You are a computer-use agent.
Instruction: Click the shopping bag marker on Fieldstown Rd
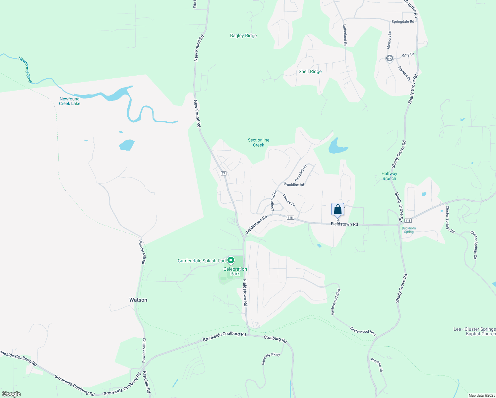pyautogui.click(x=338, y=210)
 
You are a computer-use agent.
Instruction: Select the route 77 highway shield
pyautogui.click(x=223, y=173)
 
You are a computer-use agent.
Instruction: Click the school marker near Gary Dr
pyautogui.click(x=389, y=59)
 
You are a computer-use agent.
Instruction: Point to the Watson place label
pyautogui.click(x=138, y=300)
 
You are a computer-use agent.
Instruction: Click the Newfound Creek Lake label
pyautogui.click(x=70, y=101)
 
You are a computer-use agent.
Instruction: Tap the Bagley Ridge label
pyautogui.click(x=243, y=36)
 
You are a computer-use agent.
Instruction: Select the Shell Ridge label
pyautogui.click(x=310, y=72)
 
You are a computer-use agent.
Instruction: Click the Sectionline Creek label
pyautogui.click(x=259, y=143)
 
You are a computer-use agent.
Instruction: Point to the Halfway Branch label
pyautogui.click(x=389, y=176)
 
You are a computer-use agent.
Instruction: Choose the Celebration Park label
pyautogui.click(x=235, y=271)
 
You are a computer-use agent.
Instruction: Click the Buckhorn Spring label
pyautogui.click(x=409, y=230)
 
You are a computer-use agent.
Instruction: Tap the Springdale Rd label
pyautogui.click(x=403, y=22)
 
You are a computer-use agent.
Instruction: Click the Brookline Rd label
pyautogui.click(x=294, y=185)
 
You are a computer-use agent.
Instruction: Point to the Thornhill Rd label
pyautogui.click(x=301, y=173)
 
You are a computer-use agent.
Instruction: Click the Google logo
pyautogui.click(x=11, y=394)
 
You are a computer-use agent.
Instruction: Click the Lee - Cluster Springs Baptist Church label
pyautogui.click(x=474, y=331)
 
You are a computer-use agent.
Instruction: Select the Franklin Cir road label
pyautogui.click(x=377, y=365)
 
